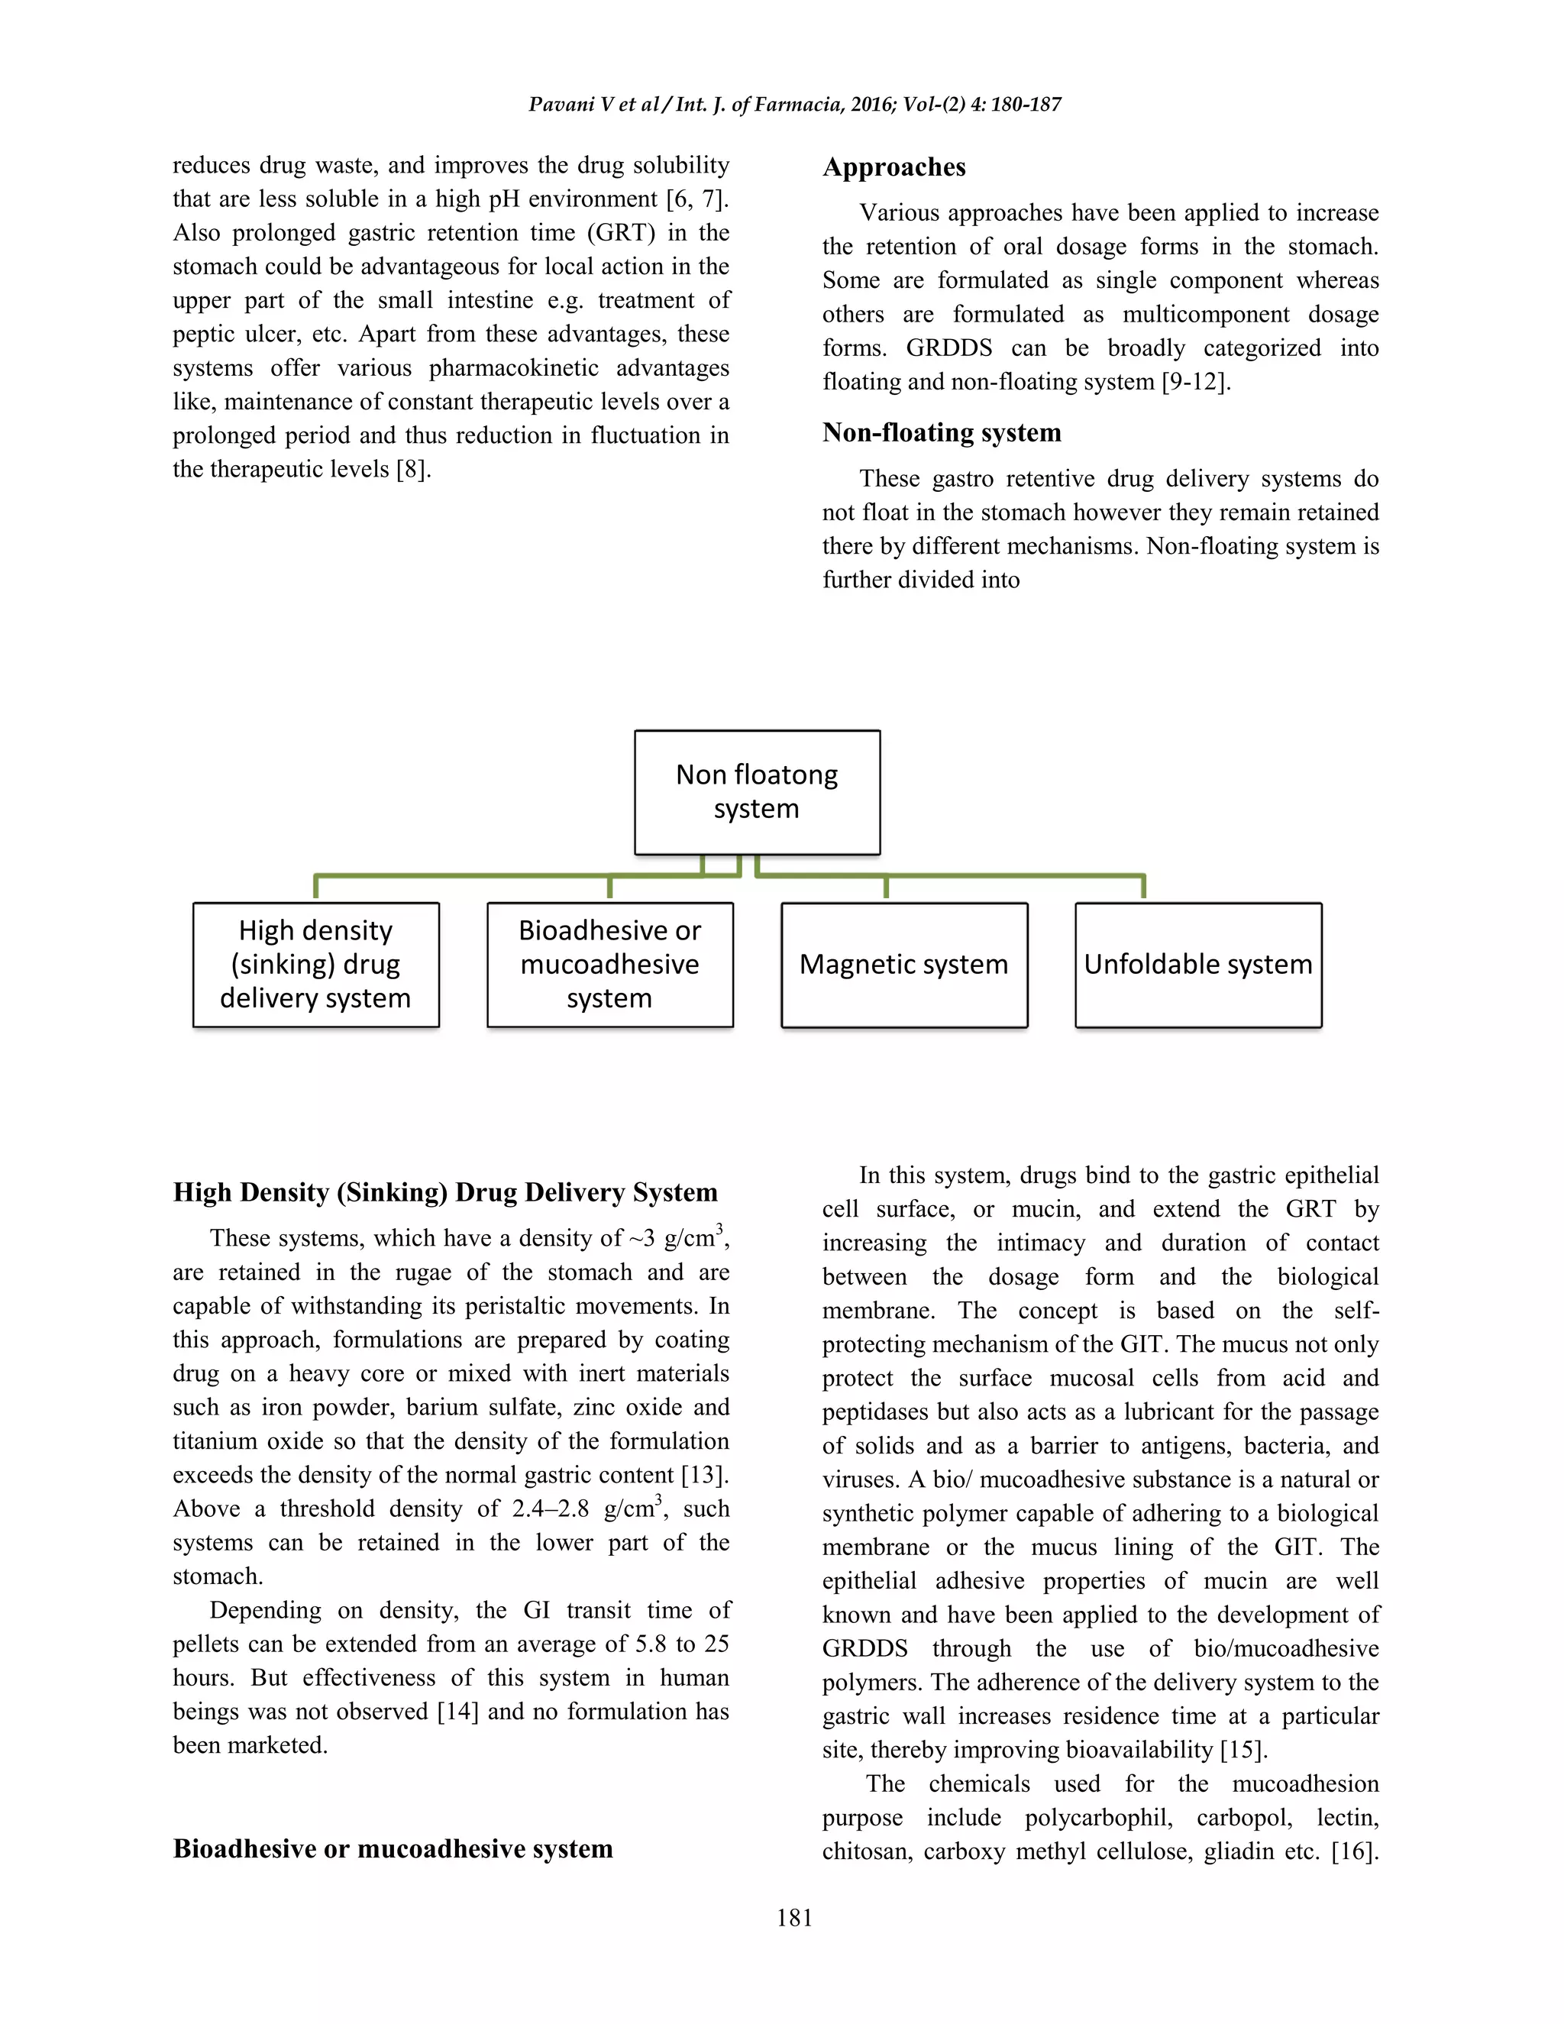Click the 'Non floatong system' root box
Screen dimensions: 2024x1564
click(757, 791)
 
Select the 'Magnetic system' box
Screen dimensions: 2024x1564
click(903, 965)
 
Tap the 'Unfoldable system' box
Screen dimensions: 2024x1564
click(1198, 965)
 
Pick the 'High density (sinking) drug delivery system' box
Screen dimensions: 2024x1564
click(316, 965)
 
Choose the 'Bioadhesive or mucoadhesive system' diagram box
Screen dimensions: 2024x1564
click(609, 965)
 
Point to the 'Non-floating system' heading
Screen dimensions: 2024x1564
click(942, 433)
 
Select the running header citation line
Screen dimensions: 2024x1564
click(794, 104)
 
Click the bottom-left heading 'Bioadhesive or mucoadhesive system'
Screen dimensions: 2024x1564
click(393, 1849)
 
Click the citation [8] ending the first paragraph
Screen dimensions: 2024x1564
click(412, 470)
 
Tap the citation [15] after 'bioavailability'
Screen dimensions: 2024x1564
click(1242, 1750)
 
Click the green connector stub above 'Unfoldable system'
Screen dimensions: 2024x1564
click(1143, 886)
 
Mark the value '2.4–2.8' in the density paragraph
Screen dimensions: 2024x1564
click(551, 1508)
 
